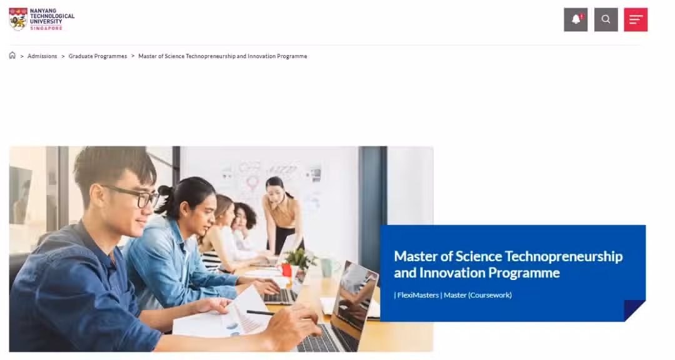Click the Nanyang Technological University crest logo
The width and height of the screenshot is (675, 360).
(18, 19)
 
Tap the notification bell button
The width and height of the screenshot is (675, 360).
(576, 19)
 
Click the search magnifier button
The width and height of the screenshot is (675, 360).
(606, 19)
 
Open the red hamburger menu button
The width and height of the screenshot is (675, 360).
(636, 19)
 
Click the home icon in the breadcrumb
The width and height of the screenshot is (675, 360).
(12, 56)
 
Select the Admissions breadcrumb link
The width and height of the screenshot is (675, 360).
(42, 56)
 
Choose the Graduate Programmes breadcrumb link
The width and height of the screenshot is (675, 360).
(97, 56)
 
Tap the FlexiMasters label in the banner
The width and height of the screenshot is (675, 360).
(418, 295)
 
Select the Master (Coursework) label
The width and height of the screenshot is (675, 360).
(478, 295)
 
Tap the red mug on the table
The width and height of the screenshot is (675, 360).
(286, 269)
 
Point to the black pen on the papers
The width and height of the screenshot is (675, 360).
(260, 312)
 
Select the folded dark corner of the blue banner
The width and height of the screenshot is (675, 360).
(634, 311)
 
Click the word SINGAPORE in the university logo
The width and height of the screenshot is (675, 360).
(46, 28)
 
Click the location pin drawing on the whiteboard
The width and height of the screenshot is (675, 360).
(252, 182)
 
